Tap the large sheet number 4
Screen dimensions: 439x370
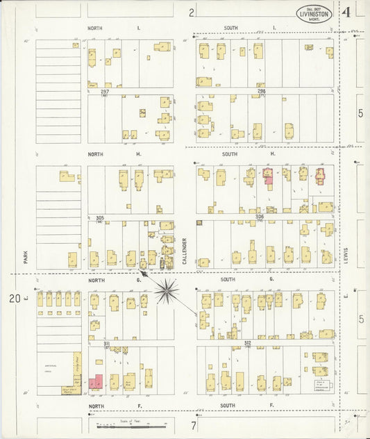coord(345,12)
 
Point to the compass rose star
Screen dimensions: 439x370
coord(167,290)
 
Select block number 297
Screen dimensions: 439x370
coord(106,92)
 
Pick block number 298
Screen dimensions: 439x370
coord(261,92)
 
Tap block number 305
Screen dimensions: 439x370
coord(100,217)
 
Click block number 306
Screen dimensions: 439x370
coord(260,217)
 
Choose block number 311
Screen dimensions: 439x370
coord(106,343)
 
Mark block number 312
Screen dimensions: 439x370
coord(247,343)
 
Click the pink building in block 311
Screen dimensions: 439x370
coord(95,382)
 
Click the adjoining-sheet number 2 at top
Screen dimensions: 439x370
coord(192,12)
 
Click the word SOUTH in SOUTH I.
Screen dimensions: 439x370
coord(230,28)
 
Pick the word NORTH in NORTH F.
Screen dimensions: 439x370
coord(96,404)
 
